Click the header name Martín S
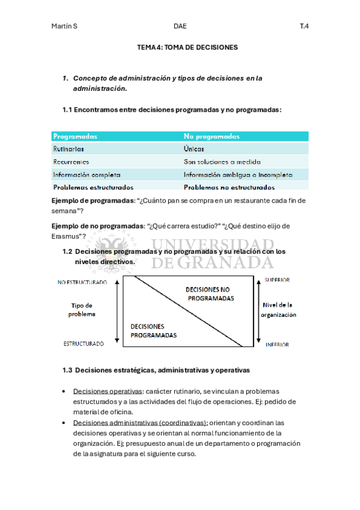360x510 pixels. click(x=64, y=26)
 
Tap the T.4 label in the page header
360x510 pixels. click(x=304, y=26)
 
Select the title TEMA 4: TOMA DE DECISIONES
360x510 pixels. click(x=188, y=47)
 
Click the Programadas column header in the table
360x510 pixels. click(x=76, y=137)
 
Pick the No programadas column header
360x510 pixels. click(x=212, y=137)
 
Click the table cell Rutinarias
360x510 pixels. click(x=69, y=149)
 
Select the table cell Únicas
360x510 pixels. click(x=194, y=149)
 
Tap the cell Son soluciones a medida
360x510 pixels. click(x=222, y=162)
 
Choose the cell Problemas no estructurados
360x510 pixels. click(x=229, y=188)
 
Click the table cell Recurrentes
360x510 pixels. click(x=72, y=162)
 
